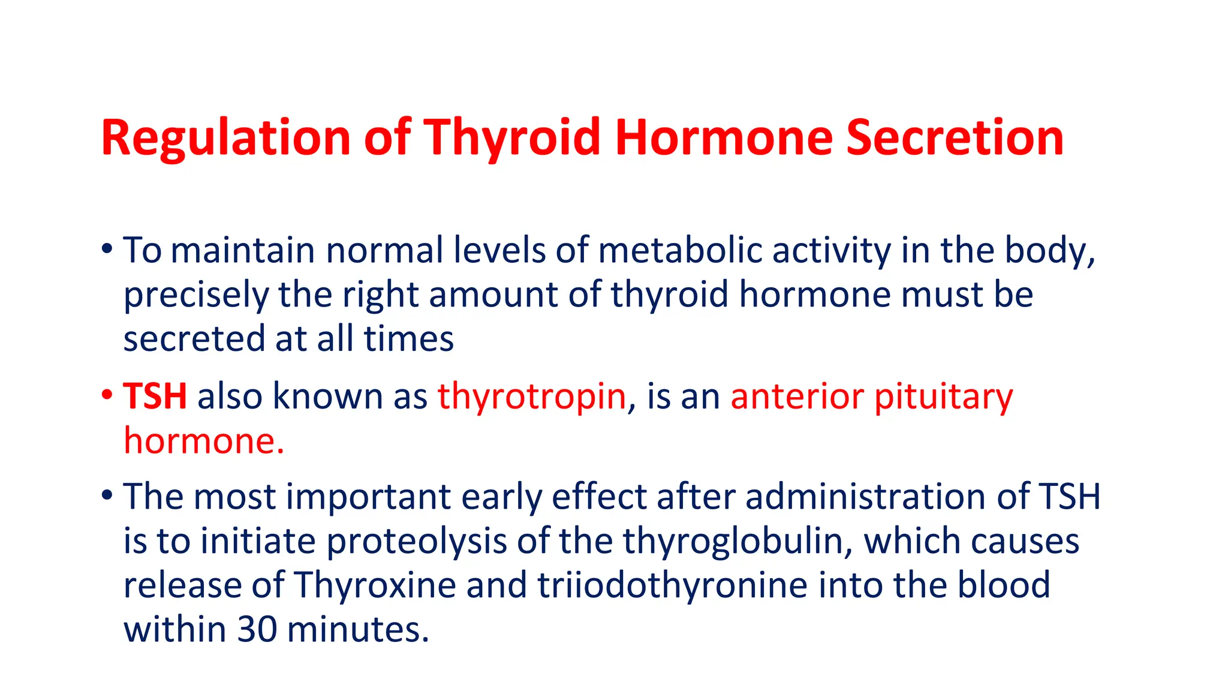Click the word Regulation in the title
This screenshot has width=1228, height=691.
click(x=225, y=138)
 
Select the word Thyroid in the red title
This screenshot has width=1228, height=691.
click(x=513, y=138)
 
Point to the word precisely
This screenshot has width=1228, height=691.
click(x=195, y=295)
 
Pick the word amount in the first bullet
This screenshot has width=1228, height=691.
click(x=493, y=295)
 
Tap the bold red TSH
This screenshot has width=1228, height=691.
click(x=155, y=396)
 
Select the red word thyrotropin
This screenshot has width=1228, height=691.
click(x=531, y=396)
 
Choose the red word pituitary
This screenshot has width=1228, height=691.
click(x=943, y=396)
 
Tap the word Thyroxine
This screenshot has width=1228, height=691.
click(x=375, y=585)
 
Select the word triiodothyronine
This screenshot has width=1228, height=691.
click(x=672, y=585)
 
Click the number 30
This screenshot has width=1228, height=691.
click(x=257, y=630)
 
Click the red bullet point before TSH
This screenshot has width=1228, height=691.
click(x=107, y=395)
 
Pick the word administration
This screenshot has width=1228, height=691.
click(x=865, y=497)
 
